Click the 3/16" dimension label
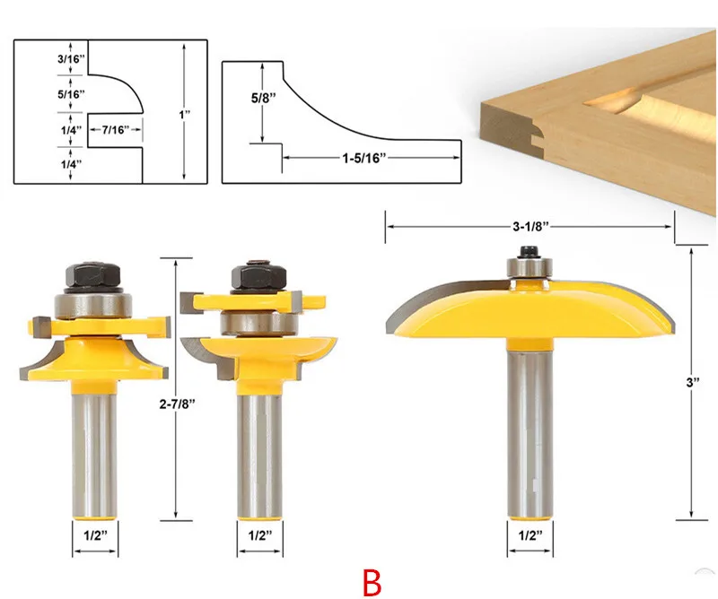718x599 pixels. [x=71, y=58]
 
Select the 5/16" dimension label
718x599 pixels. [x=71, y=94]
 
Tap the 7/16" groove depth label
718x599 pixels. [x=116, y=130]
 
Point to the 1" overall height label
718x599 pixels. [x=185, y=115]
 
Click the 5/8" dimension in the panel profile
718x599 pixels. [x=263, y=98]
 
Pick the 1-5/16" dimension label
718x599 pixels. [x=364, y=159]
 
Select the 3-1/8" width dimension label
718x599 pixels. [x=530, y=227]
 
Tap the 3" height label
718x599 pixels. [x=693, y=383]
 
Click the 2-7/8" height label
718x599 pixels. [x=177, y=404]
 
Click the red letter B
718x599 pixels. [x=372, y=582]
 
